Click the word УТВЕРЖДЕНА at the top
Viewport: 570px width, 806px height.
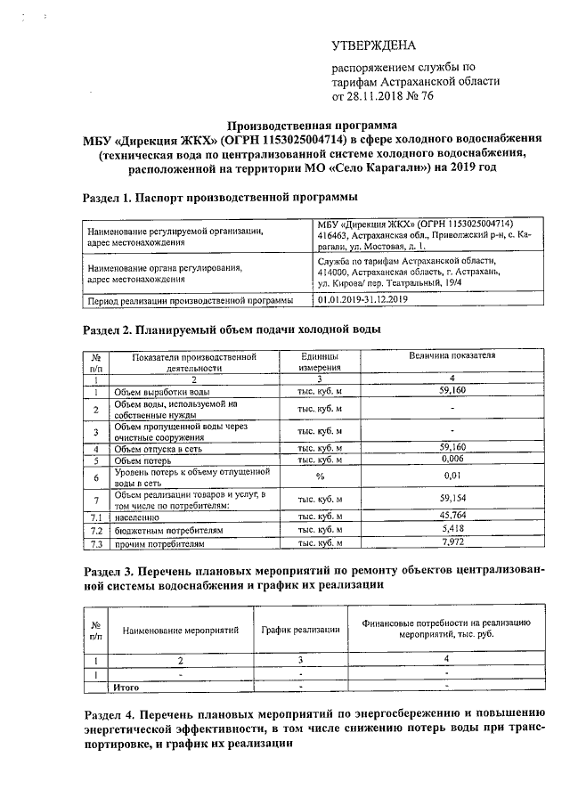373,45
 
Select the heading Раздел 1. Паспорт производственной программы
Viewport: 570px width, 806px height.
220,196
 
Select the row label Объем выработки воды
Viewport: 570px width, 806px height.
163,391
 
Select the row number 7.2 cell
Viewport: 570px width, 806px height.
95,529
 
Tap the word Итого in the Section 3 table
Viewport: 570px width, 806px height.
128,688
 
